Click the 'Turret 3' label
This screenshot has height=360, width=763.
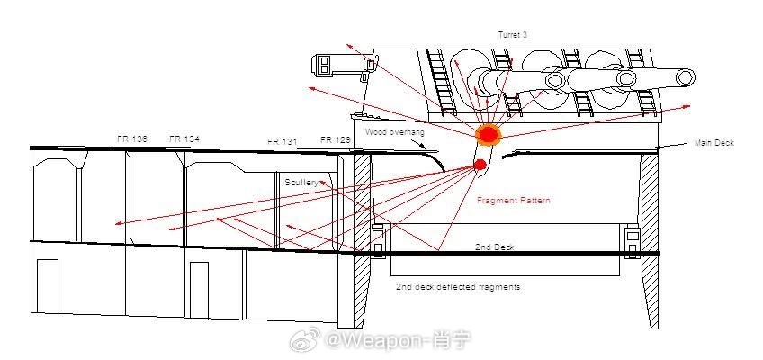513,34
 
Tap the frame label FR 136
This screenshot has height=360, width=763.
132,139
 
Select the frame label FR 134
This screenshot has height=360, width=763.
184,139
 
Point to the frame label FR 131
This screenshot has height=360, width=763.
283,142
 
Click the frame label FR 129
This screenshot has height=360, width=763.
336,140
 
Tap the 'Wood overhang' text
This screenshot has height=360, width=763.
394,132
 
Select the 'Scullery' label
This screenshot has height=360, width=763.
301,183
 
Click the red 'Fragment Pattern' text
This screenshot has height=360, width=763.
514,201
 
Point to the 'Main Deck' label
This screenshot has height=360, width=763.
716,143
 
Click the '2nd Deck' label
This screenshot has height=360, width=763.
493,246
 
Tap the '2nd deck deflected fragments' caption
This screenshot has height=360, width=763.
458,287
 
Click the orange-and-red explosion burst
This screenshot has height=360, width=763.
488,135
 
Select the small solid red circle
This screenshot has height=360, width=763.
480,164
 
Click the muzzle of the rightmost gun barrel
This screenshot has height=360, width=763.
690,76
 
